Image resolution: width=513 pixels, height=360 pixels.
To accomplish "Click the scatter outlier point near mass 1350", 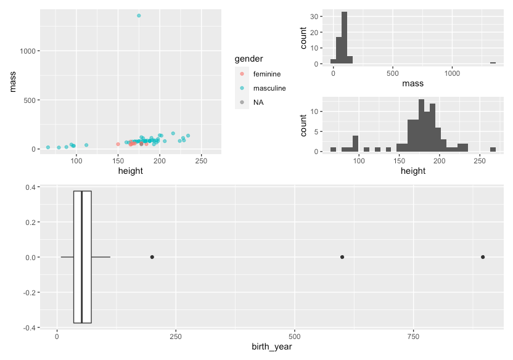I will click(139, 15).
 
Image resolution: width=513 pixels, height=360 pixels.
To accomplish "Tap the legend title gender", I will click(249, 59).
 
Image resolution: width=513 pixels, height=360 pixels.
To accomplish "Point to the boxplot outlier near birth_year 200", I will click(152, 257).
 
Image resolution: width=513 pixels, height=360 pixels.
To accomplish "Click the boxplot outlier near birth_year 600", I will click(342, 257).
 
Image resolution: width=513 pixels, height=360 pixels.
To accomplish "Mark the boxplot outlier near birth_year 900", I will click(483, 257).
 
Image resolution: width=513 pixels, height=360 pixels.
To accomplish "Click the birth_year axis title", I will click(271, 347).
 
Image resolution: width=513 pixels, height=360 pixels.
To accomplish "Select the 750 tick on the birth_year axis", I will click(413, 337).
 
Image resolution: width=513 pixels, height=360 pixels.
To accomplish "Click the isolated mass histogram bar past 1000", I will click(493, 63).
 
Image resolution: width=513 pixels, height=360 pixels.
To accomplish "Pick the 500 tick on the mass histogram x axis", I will click(393, 72).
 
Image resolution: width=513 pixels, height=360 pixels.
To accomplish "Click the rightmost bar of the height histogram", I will click(493, 149).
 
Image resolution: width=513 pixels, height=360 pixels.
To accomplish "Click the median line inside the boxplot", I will click(81, 257).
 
